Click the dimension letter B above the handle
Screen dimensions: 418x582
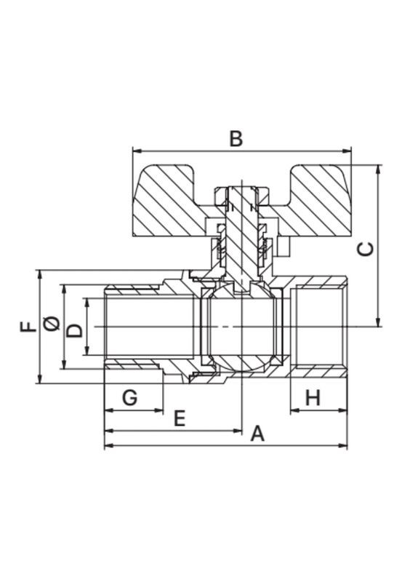pyautogui.click(x=236, y=139)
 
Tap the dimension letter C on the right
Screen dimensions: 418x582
pyautogui.click(x=366, y=249)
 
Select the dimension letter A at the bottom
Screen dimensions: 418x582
pyautogui.click(x=257, y=434)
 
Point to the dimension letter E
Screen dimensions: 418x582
pyautogui.click(x=180, y=419)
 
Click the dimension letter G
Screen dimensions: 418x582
pyautogui.click(x=130, y=398)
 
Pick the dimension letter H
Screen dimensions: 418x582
pyautogui.click(x=313, y=398)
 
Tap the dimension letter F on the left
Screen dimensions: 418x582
pyautogui.click(x=28, y=326)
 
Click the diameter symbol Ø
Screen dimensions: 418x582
pyautogui.click(x=52, y=323)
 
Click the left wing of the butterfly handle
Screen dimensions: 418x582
pyautogui.click(x=167, y=202)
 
